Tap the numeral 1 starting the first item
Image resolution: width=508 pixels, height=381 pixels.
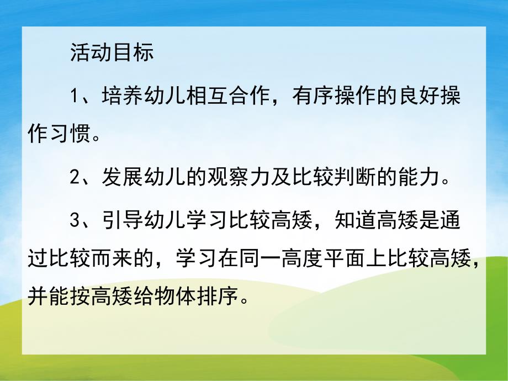[x=76, y=97]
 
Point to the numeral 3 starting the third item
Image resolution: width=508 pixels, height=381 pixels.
[x=76, y=221]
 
